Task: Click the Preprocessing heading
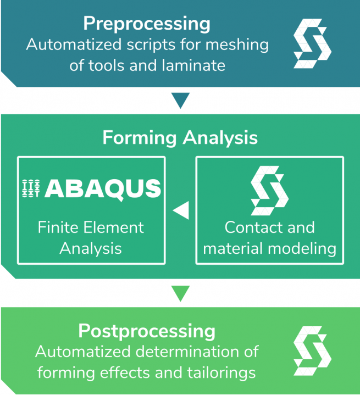click(147, 24)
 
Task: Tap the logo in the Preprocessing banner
click(312, 43)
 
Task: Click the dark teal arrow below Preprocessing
click(180, 101)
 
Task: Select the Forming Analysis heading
click(180, 137)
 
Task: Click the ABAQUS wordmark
click(103, 188)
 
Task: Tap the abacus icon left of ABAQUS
click(31, 188)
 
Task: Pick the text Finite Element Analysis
click(91, 237)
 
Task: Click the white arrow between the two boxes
click(181, 210)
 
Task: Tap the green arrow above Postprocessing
click(180, 293)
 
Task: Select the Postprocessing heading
click(147, 331)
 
